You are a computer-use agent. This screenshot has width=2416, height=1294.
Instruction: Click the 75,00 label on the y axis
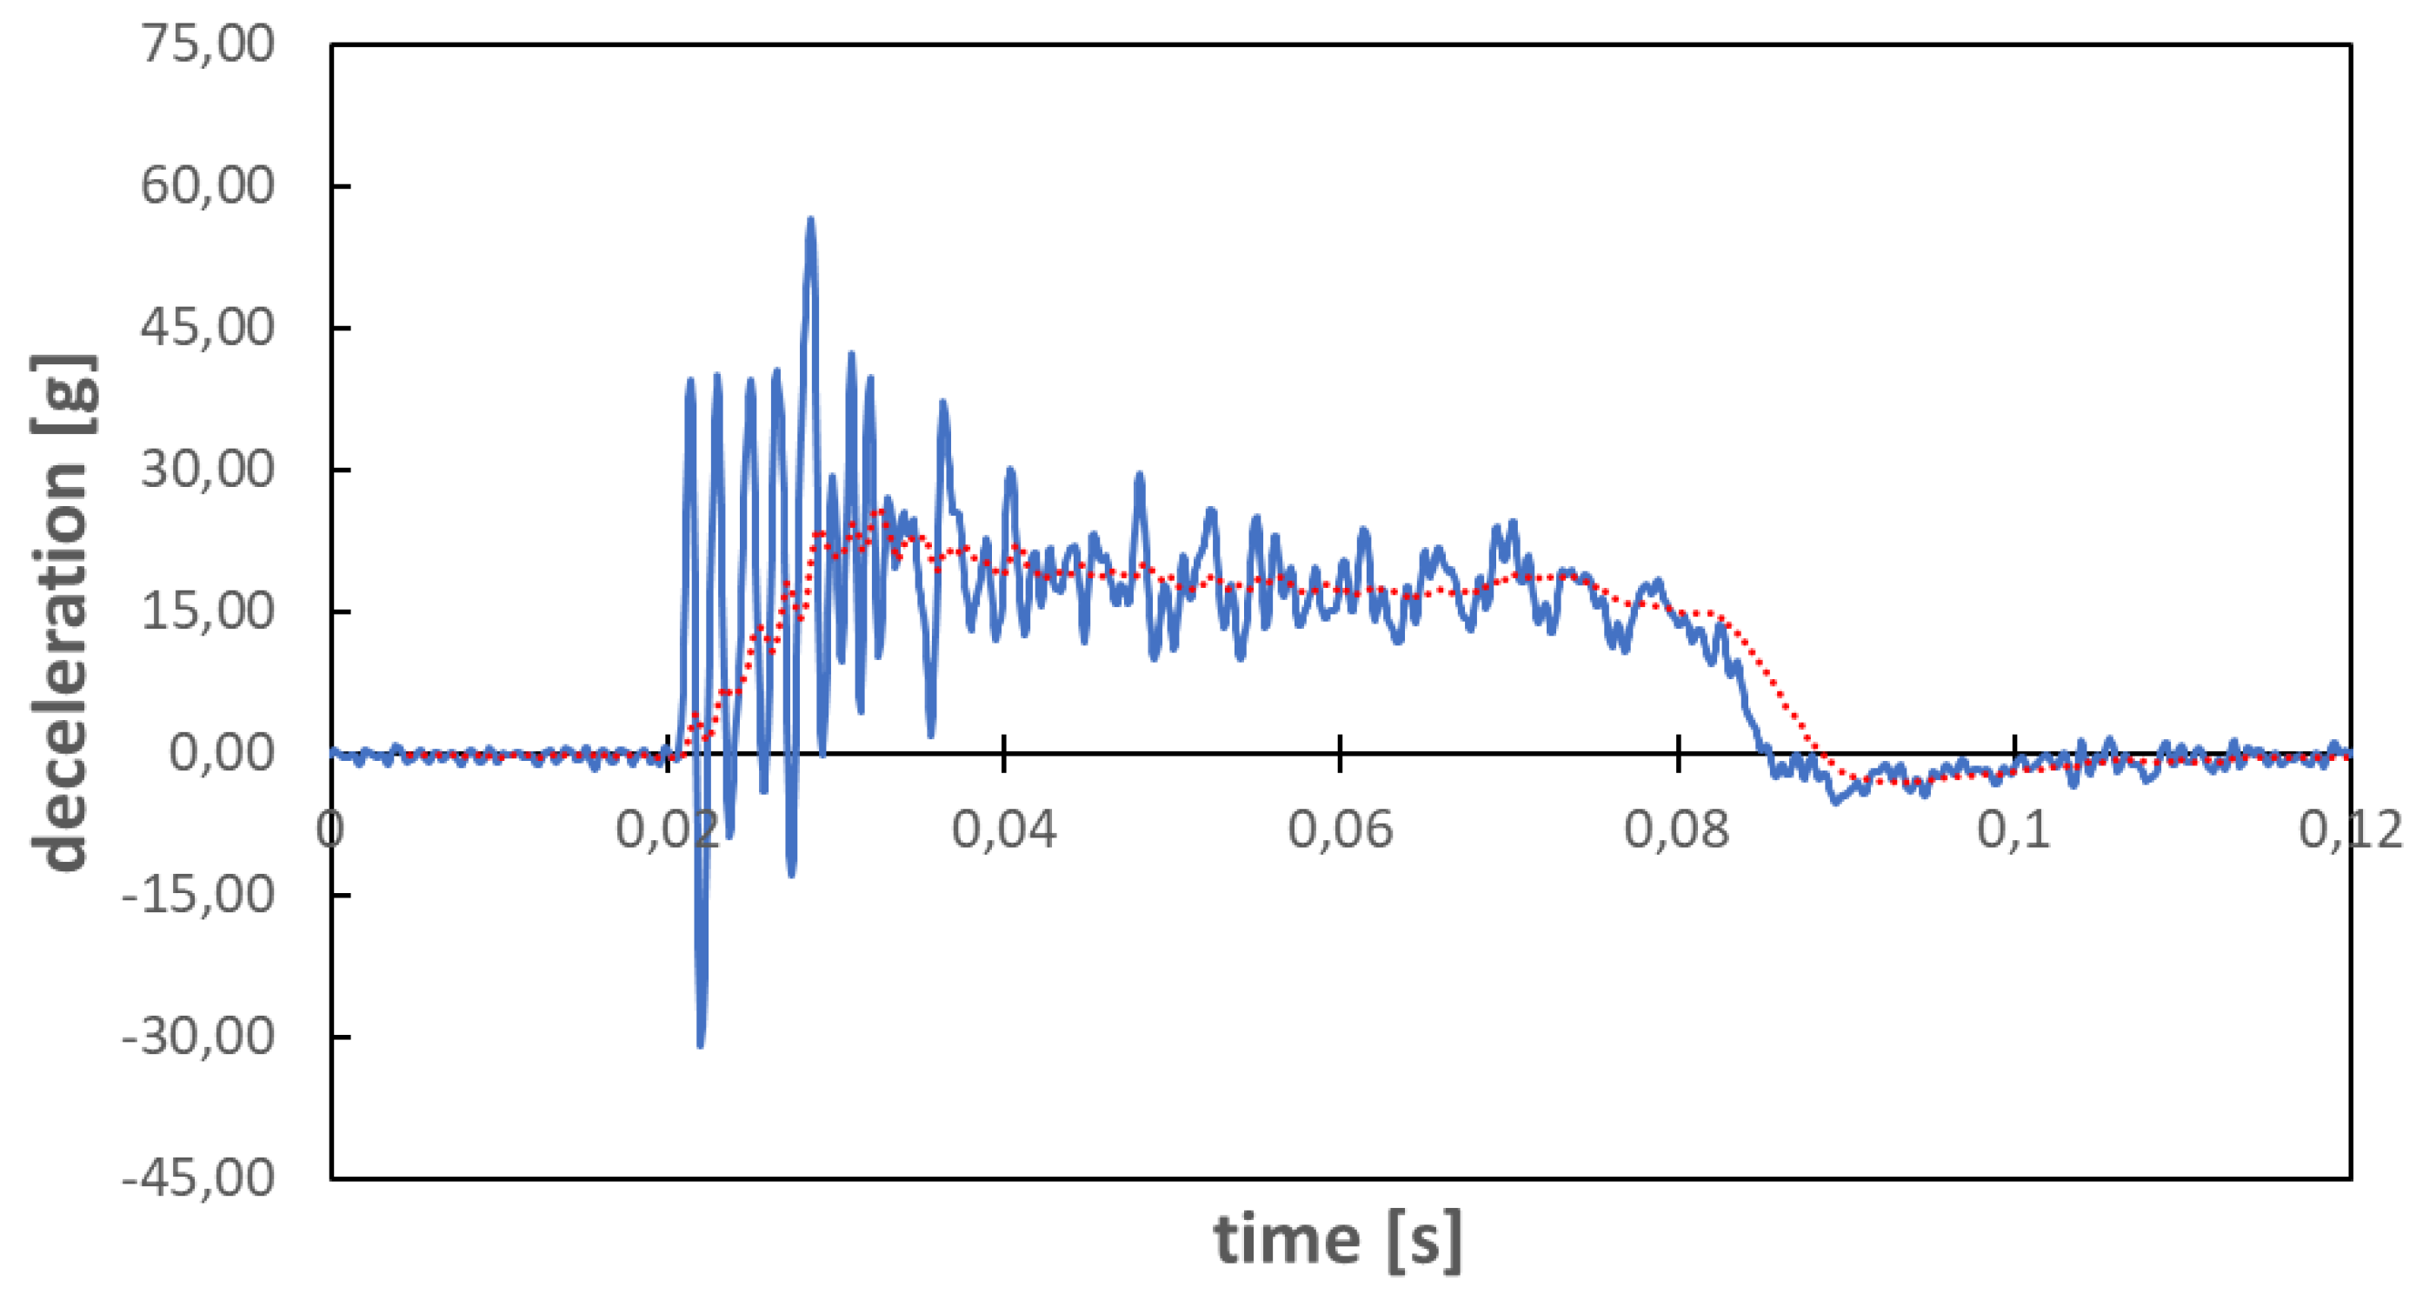coord(207,44)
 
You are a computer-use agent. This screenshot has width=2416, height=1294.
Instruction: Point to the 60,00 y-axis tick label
coord(207,185)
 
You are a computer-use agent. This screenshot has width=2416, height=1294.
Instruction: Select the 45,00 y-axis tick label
coord(207,328)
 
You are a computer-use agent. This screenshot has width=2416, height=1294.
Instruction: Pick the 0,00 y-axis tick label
coord(222,752)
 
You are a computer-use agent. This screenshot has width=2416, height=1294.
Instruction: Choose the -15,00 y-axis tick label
coord(198,894)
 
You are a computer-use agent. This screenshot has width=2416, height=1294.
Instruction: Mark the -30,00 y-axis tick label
coord(198,1036)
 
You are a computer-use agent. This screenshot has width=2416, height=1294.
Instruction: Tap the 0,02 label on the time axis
coord(667,830)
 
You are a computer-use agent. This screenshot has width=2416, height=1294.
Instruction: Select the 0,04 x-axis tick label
coord(1003,830)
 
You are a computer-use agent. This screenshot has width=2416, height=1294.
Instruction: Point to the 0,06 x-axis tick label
coord(1340,830)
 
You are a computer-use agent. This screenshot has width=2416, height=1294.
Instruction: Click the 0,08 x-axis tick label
coord(1676,830)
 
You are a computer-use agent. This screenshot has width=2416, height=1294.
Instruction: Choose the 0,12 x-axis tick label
coord(2349,830)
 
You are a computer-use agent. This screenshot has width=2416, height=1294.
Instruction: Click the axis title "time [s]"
coord(1337,1239)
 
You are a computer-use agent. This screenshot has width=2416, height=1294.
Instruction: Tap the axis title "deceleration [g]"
coord(63,612)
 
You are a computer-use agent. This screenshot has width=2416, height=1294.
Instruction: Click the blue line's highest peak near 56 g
coord(810,222)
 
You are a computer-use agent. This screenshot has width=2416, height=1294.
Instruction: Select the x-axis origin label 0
coord(330,830)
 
